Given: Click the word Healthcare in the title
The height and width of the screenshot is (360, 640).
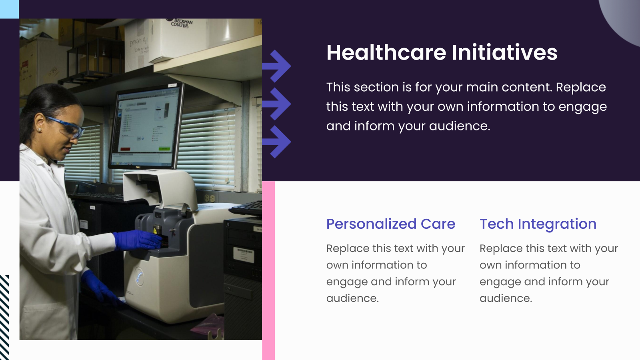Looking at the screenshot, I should (x=386, y=53).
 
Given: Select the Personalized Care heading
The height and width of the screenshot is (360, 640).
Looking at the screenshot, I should (x=390, y=224).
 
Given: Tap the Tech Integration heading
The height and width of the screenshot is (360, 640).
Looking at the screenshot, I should (x=538, y=224).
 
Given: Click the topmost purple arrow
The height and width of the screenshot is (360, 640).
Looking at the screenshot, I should (x=278, y=66).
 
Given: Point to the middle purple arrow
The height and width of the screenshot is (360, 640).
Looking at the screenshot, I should (x=278, y=104).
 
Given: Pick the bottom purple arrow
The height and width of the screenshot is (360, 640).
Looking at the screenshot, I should (x=278, y=141).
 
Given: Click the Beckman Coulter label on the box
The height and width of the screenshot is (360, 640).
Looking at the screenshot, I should (x=182, y=23).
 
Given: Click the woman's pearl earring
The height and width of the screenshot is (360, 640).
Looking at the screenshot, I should (x=40, y=130).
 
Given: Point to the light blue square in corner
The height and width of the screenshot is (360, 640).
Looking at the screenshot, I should (x=9, y=9).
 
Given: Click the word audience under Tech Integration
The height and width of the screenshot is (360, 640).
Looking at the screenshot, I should (x=506, y=298).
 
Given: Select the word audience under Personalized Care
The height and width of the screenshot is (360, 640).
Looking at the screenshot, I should (x=352, y=298).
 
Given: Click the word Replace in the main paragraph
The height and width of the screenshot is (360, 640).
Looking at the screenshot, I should (x=580, y=87).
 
